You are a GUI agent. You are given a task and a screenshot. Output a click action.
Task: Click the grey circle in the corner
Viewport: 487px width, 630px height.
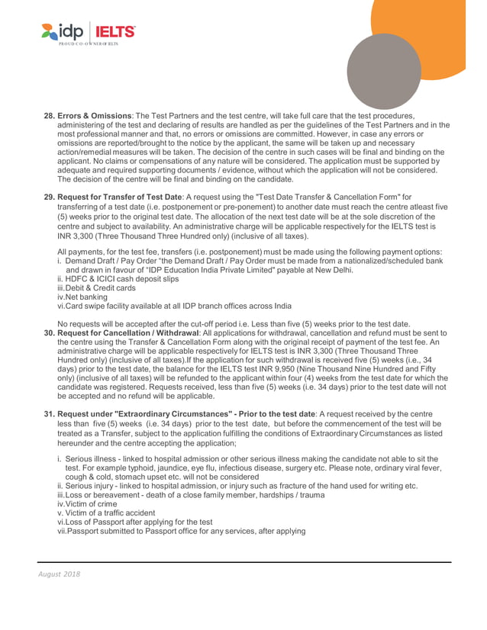383,71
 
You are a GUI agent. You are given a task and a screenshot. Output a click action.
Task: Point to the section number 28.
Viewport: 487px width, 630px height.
50,116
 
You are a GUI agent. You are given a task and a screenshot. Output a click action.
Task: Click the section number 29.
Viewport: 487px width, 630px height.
50,198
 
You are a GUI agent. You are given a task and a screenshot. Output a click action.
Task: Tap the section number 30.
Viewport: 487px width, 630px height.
50,333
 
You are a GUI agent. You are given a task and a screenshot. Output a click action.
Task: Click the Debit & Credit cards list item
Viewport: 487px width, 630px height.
97,288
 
